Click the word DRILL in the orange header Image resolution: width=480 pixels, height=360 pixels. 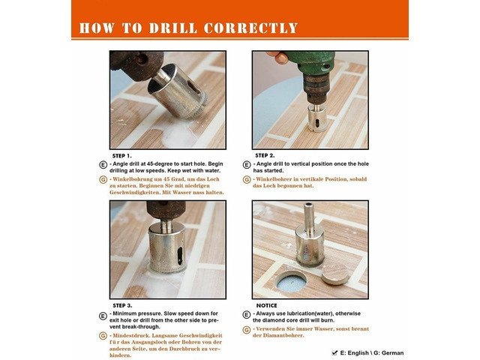tap(173, 28)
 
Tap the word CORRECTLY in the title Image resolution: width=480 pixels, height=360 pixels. tap(250, 28)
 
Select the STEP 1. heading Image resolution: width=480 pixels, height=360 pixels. tap(121, 156)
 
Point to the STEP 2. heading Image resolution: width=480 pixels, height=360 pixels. tap(265, 155)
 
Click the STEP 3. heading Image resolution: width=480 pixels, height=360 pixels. tap(122, 305)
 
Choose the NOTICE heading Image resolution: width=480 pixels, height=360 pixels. tap(267, 305)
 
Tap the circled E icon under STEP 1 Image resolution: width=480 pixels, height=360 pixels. tap(103, 165)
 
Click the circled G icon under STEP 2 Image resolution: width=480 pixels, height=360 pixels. tap(247, 180)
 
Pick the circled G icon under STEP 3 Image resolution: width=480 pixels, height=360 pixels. tap(103, 336)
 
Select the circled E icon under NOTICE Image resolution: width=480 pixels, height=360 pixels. tap(247, 314)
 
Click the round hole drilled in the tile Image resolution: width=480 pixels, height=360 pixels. tap(291, 281)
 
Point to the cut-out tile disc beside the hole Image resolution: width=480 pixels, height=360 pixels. tap(335, 274)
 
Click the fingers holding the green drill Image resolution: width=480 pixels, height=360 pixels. tap(277, 57)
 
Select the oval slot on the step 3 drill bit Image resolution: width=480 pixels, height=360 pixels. tap(180, 255)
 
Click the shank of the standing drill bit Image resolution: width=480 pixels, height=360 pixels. tap(309, 215)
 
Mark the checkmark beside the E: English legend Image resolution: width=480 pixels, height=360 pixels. tap(334, 353)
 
